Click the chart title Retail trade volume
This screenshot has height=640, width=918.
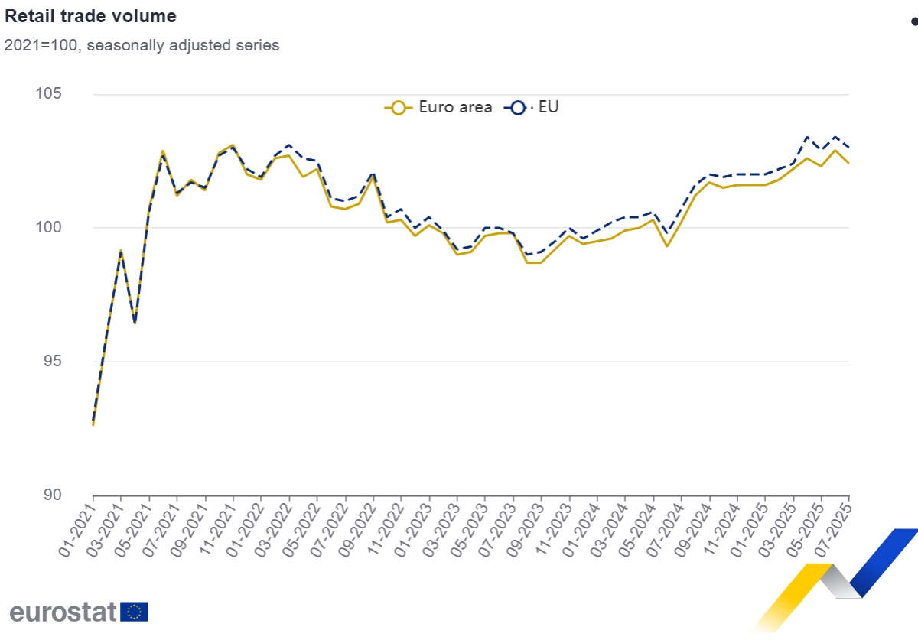point(90,16)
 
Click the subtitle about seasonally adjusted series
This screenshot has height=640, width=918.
point(142,45)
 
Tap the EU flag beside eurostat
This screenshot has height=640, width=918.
point(135,612)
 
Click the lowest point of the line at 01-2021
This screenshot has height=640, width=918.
point(93,424)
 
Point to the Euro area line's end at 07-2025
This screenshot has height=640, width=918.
point(849,163)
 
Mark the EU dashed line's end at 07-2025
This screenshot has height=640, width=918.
point(849,148)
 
